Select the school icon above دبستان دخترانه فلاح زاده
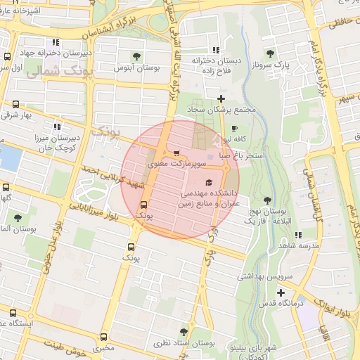(214, 50)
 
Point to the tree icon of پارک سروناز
(271, 53)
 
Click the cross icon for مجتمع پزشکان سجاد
(221, 98)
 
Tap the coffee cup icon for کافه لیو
(235, 129)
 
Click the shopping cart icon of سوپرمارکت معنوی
(176, 152)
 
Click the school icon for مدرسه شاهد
(298, 235)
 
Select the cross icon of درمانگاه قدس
(281, 292)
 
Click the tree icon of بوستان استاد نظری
(184, 331)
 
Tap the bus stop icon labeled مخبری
(104, 337)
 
